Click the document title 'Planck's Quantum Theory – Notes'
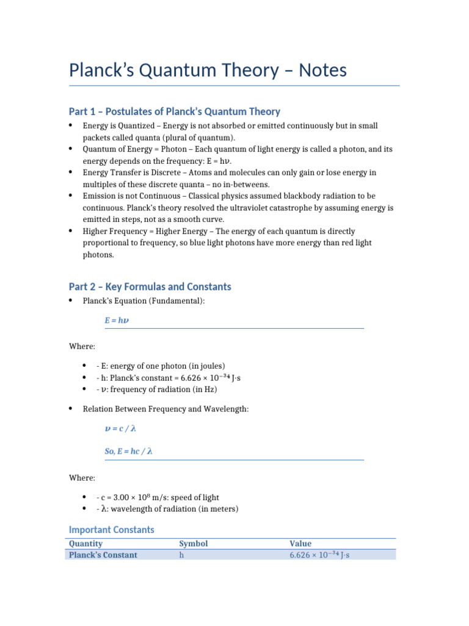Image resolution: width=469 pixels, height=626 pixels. pos(208,70)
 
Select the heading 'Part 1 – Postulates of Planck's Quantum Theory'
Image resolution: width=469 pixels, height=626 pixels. pos(174,111)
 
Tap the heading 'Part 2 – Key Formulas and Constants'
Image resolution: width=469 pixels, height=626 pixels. pos(150,287)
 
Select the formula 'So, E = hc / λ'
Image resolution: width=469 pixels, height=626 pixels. pos(128,452)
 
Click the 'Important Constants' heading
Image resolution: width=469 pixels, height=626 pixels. pos(111,529)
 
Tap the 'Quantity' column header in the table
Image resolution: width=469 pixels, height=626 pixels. pos(85,543)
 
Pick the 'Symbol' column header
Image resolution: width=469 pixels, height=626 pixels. pos(193,543)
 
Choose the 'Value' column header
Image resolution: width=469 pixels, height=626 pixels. pos(300,543)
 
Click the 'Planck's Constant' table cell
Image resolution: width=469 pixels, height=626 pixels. pos(103,555)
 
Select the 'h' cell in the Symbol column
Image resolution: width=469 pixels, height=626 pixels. pos(181,555)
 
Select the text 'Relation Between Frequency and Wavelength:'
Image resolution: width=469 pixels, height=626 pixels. pos(165,408)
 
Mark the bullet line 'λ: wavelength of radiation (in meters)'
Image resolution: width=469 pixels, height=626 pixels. pos(167,509)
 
